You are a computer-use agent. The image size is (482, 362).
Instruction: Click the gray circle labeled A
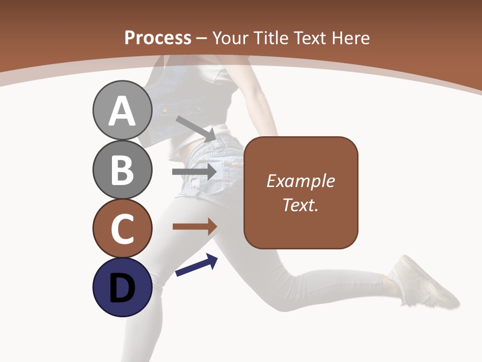tap(122, 111)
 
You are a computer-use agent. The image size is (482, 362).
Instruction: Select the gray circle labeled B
tap(122, 169)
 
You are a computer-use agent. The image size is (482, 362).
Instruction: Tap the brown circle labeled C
tap(122, 228)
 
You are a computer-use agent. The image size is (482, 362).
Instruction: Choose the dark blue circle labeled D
tap(122, 287)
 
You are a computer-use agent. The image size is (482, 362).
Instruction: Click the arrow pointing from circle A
tap(195, 128)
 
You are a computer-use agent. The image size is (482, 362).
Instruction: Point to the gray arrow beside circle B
tap(194, 172)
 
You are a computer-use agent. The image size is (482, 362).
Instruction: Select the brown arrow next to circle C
tap(194, 227)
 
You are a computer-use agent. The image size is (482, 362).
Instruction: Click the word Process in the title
tap(158, 38)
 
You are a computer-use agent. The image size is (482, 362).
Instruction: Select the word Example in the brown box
tap(300, 181)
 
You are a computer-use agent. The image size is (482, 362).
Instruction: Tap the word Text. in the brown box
tap(300, 205)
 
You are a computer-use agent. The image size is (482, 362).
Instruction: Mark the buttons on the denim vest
tap(164, 108)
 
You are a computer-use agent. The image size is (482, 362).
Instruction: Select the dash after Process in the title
tap(201, 38)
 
